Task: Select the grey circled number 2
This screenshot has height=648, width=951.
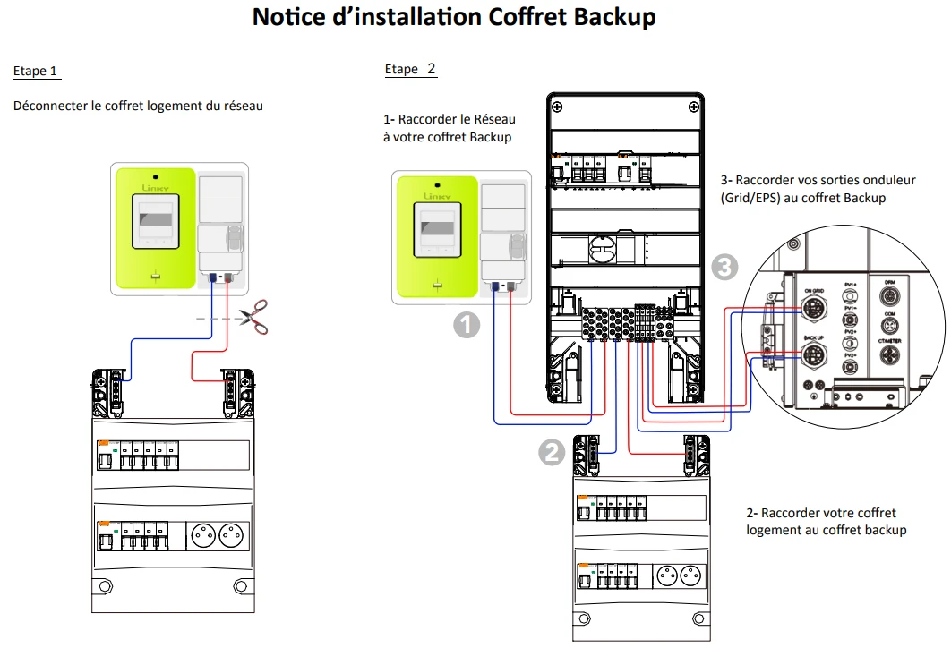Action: [552, 452]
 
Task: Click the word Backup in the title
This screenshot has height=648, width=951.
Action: [618, 16]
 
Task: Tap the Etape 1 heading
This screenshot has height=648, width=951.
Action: [36, 71]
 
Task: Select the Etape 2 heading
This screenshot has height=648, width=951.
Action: [410, 69]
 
